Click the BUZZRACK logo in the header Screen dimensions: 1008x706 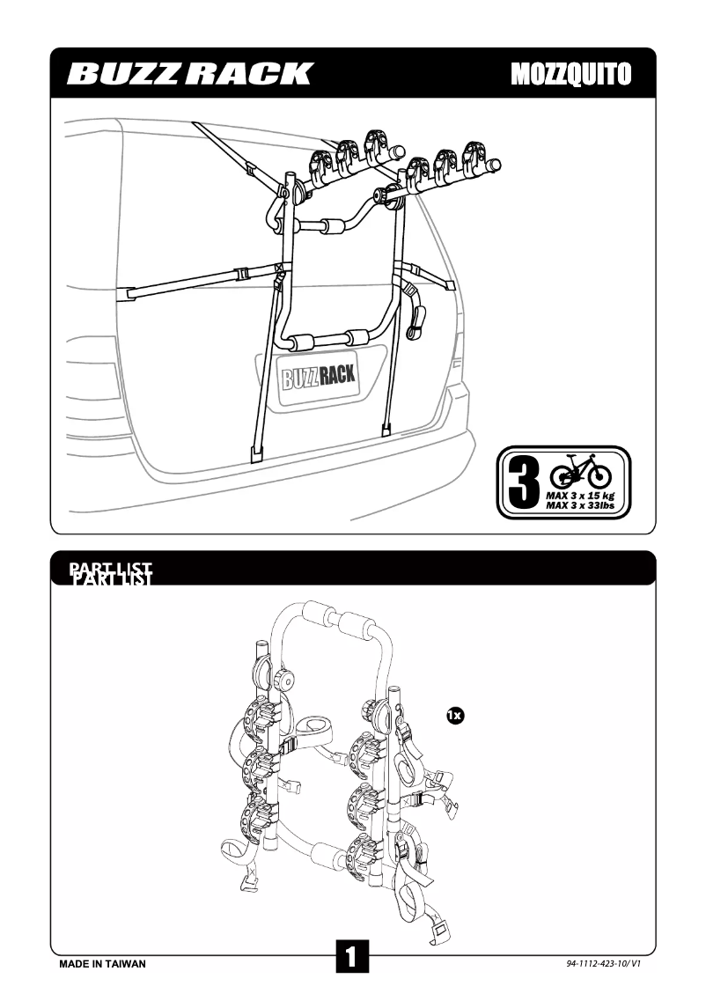coord(189,73)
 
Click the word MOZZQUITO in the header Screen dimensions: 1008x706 coord(570,74)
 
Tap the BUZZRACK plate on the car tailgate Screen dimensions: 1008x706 coord(319,377)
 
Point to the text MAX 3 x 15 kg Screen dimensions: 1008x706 coord(580,497)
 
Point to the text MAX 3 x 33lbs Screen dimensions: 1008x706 coord(580,506)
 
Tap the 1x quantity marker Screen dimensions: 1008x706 coord(454,715)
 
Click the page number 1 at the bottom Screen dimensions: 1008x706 coord(352,957)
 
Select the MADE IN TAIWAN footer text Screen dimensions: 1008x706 coord(102,964)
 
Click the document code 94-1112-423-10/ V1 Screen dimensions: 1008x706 coord(603,964)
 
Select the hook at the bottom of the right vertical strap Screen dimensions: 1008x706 coord(386,430)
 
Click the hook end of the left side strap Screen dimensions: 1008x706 coord(132,289)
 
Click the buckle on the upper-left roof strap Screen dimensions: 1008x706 coord(250,167)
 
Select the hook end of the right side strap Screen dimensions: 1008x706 coord(450,283)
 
